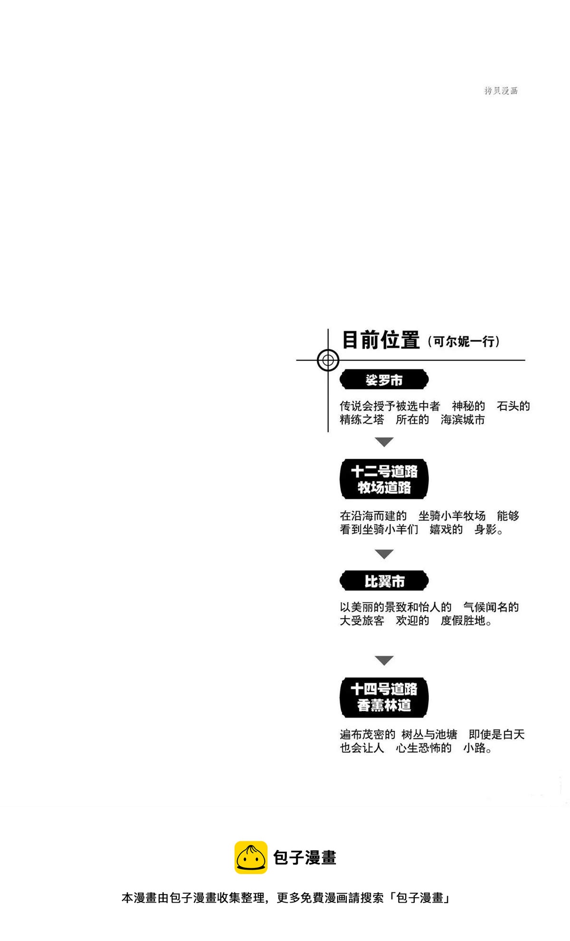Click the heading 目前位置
(x=381, y=340)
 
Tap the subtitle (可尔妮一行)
(x=463, y=341)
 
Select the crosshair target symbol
(x=328, y=360)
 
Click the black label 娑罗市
(x=384, y=380)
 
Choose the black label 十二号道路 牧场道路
(x=384, y=479)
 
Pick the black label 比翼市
(x=384, y=581)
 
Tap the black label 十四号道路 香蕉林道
(x=384, y=697)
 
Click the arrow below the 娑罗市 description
(x=384, y=442)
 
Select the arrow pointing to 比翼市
(x=384, y=554)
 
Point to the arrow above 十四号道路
(x=384, y=660)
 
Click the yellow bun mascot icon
(x=251, y=857)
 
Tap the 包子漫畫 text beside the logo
(x=305, y=858)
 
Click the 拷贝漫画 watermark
(x=501, y=91)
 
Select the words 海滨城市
(x=463, y=420)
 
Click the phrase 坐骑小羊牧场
(x=452, y=516)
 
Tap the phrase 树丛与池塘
(x=429, y=734)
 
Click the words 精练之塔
(x=362, y=420)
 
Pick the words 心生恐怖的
(x=424, y=748)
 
